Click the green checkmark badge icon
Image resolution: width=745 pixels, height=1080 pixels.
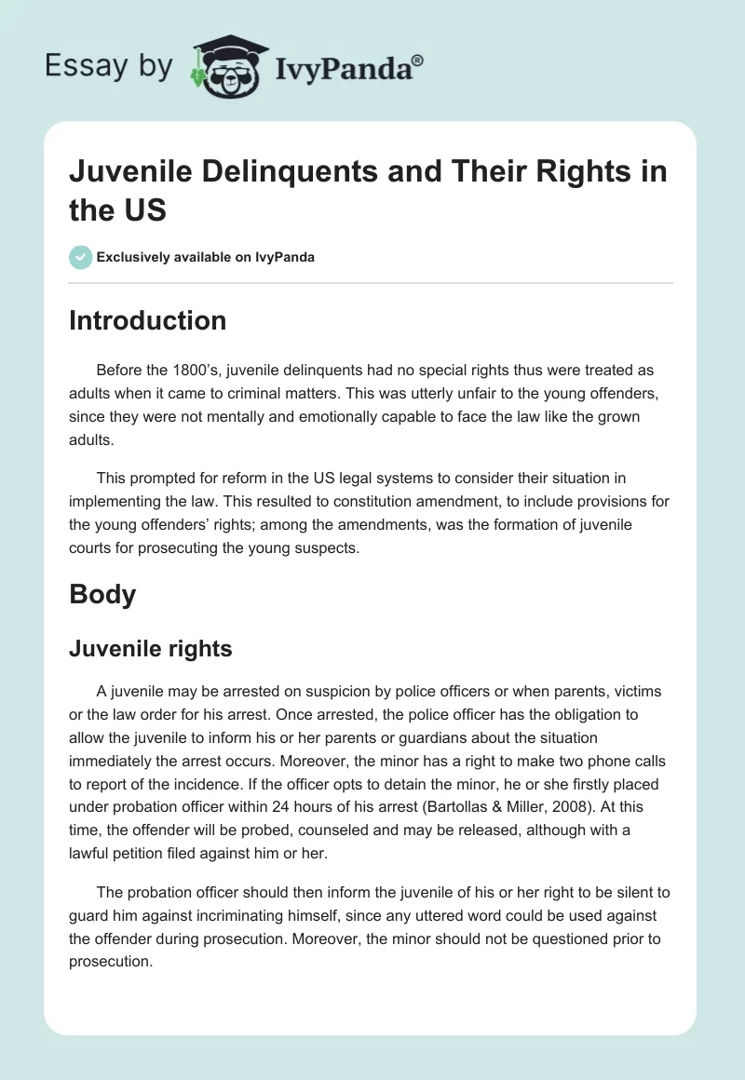pyautogui.click(x=81, y=257)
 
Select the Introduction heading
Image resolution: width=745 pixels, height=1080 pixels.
pyautogui.click(x=147, y=320)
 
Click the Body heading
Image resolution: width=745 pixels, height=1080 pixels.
pyautogui.click(x=102, y=594)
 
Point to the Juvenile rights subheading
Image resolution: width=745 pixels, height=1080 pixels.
pyautogui.click(x=150, y=649)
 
